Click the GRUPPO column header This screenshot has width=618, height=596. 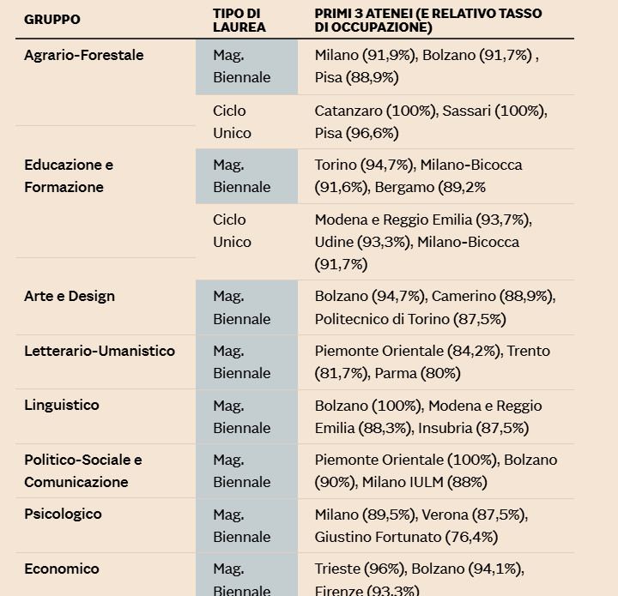(x=52, y=19)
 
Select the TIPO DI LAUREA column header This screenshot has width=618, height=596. (x=239, y=21)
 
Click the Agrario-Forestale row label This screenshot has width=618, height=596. (x=84, y=56)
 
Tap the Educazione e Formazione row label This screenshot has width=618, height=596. (x=69, y=176)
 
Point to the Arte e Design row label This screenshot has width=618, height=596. (x=70, y=297)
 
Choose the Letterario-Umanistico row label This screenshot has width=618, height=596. (x=100, y=351)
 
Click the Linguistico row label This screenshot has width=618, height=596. (x=62, y=406)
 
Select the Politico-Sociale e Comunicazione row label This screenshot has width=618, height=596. (x=83, y=471)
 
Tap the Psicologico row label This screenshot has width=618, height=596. (x=63, y=515)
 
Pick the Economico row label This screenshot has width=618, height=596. (x=62, y=569)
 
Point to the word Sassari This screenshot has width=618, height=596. (x=468, y=111)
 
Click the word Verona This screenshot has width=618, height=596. (x=445, y=515)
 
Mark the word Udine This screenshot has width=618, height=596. (x=335, y=242)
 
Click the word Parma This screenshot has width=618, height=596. (x=395, y=373)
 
